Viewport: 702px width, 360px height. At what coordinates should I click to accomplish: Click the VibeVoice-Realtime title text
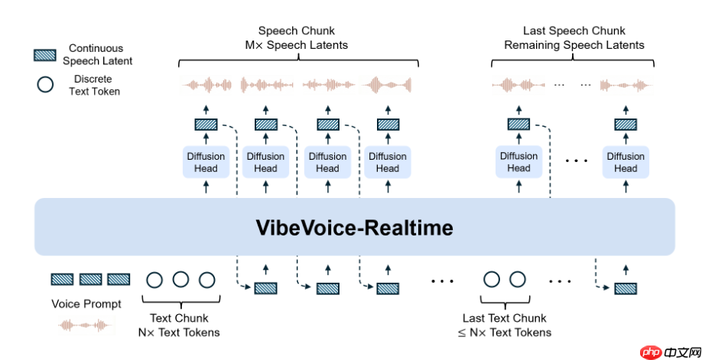click(354, 228)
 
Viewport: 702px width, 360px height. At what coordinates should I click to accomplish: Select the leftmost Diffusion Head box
click(205, 162)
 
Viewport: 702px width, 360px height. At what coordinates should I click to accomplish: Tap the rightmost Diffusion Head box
click(626, 162)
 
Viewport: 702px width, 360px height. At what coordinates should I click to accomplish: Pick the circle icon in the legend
click(45, 85)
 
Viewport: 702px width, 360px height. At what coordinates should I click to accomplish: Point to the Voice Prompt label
click(86, 303)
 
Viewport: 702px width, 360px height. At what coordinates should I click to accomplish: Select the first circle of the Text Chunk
click(154, 280)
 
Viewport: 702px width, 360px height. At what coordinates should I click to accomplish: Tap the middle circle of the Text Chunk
click(180, 280)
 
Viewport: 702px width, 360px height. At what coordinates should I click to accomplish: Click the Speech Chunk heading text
click(291, 37)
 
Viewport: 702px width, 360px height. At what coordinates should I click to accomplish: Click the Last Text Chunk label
click(505, 325)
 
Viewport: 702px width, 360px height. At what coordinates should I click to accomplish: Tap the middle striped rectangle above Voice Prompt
click(90, 280)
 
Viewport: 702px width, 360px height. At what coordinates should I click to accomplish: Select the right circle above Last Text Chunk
click(518, 280)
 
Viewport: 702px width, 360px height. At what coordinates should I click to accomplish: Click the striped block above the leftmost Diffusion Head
click(206, 124)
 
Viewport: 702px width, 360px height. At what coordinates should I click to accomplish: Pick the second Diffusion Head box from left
click(265, 162)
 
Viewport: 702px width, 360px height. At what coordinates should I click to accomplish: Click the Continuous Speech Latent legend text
click(97, 54)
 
